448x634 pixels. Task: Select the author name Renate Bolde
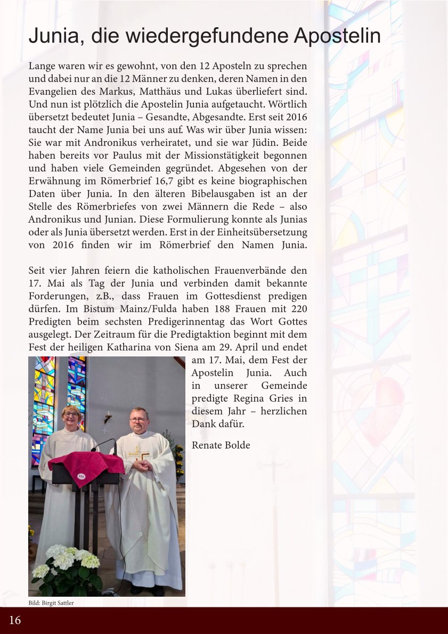coord(221,445)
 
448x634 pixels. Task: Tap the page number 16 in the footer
coord(15,620)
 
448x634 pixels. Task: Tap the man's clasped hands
coord(142,465)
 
